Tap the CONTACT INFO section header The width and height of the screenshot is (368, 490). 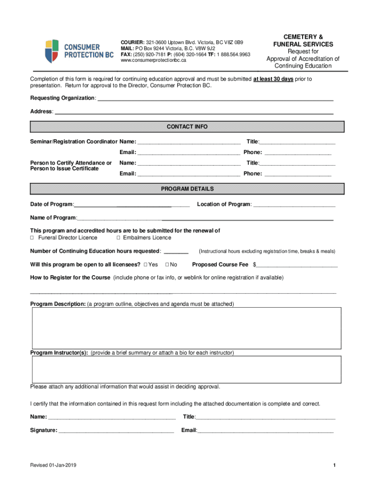pos(187,127)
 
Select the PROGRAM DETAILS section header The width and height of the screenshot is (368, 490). pos(187,189)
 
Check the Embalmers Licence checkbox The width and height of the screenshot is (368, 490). pos(119,238)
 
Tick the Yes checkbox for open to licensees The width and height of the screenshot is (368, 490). pos(145,265)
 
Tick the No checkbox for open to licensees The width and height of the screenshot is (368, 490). pos(167,265)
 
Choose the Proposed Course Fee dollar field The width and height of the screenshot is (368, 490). pos(297,266)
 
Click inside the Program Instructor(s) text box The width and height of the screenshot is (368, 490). pos(186,369)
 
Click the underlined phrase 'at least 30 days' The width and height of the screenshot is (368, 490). pos(273,79)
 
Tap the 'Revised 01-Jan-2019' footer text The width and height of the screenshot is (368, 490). pos(53,466)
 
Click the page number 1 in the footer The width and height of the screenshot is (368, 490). pos(336,466)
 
